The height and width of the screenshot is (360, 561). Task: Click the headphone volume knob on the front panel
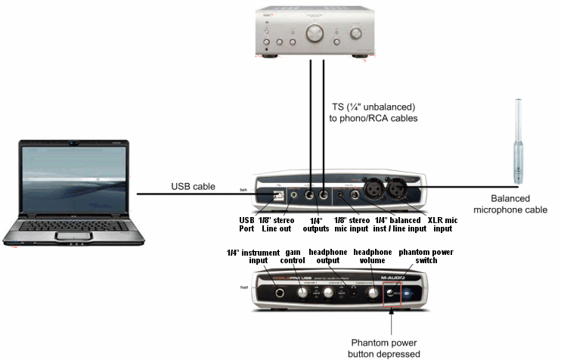tap(372, 292)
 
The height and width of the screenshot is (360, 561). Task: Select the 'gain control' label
tap(295, 256)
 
